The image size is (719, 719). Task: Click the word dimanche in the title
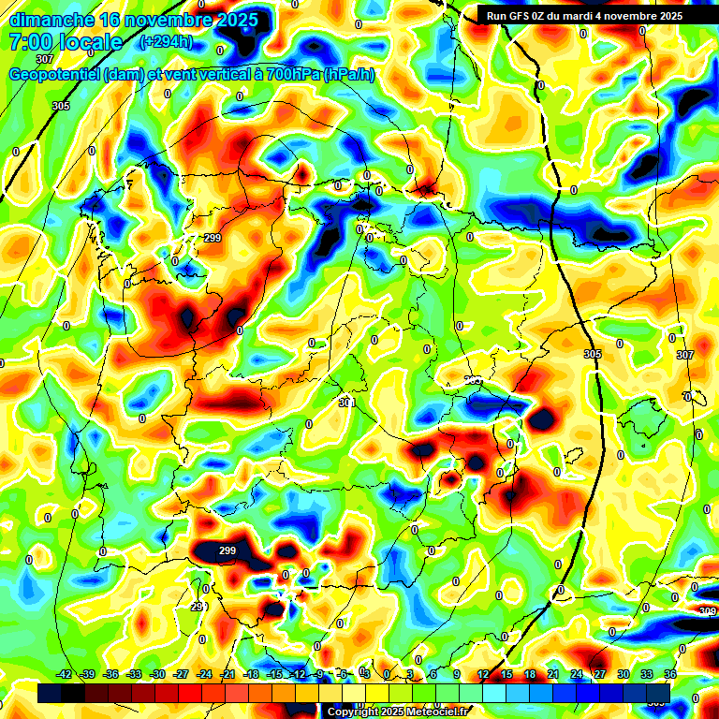(x=51, y=20)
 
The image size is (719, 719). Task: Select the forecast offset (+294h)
(x=166, y=42)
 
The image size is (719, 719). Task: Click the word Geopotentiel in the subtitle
(x=55, y=75)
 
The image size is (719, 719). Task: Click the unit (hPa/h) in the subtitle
(x=348, y=75)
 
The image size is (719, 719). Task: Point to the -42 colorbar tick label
(x=65, y=675)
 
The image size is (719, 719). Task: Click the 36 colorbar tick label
(x=670, y=675)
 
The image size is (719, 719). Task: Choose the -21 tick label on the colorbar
(x=227, y=675)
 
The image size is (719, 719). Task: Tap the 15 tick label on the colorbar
(x=506, y=675)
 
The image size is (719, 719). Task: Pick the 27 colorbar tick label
(x=600, y=675)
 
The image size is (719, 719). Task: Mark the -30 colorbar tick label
(x=157, y=675)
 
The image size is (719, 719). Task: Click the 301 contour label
(x=347, y=403)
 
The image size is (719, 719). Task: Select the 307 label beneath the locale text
(x=44, y=59)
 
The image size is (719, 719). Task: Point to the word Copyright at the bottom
(x=351, y=712)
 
